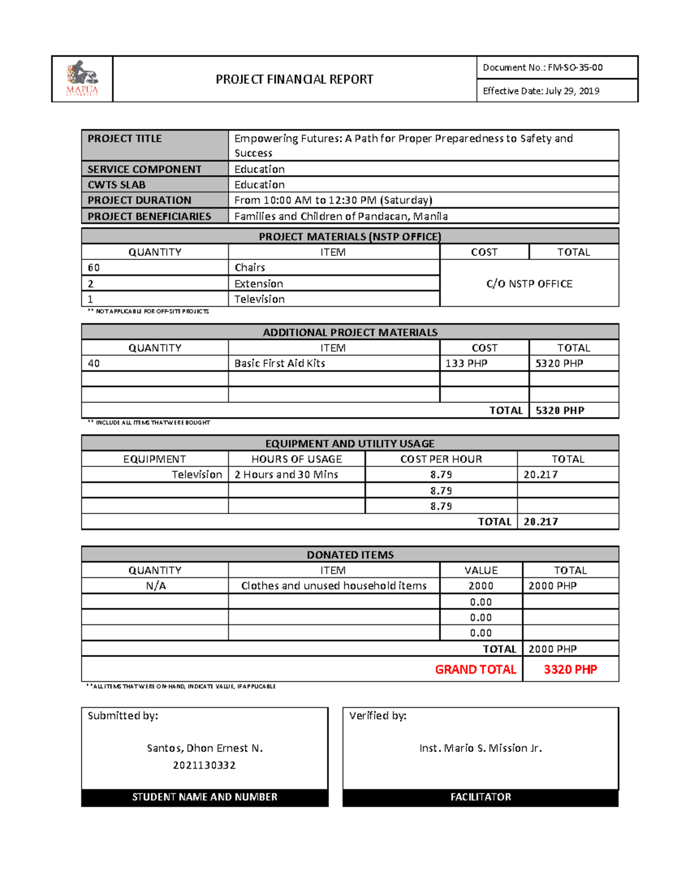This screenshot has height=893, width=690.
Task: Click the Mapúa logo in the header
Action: [x=82, y=79]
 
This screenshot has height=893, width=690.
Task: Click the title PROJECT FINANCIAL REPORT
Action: [x=294, y=79]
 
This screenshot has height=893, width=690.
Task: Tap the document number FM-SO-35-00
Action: [x=575, y=67]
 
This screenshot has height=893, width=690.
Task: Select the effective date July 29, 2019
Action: [x=572, y=91]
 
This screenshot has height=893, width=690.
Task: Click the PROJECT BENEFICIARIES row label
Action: [x=149, y=216]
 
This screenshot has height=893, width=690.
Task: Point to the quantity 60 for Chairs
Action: [x=94, y=267]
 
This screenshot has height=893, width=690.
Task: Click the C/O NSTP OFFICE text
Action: [x=529, y=283]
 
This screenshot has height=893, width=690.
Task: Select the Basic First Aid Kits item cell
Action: [x=279, y=363]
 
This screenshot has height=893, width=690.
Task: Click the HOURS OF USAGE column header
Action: [x=296, y=459]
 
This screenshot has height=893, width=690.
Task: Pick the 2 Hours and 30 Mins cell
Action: [x=286, y=474]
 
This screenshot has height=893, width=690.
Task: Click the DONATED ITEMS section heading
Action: [x=350, y=555]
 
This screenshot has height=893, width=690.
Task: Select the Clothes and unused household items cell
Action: [x=333, y=586]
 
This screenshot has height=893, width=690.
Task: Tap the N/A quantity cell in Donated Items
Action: [x=155, y=586]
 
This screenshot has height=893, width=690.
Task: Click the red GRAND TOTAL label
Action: [x=475, y=669]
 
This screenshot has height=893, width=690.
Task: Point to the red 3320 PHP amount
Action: [x=570, y=669]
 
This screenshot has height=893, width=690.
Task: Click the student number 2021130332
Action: [x=204, y=765]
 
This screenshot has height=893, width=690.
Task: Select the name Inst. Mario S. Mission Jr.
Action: [x=480, y=748]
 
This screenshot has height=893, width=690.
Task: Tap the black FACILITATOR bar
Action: [x=480, y=797]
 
